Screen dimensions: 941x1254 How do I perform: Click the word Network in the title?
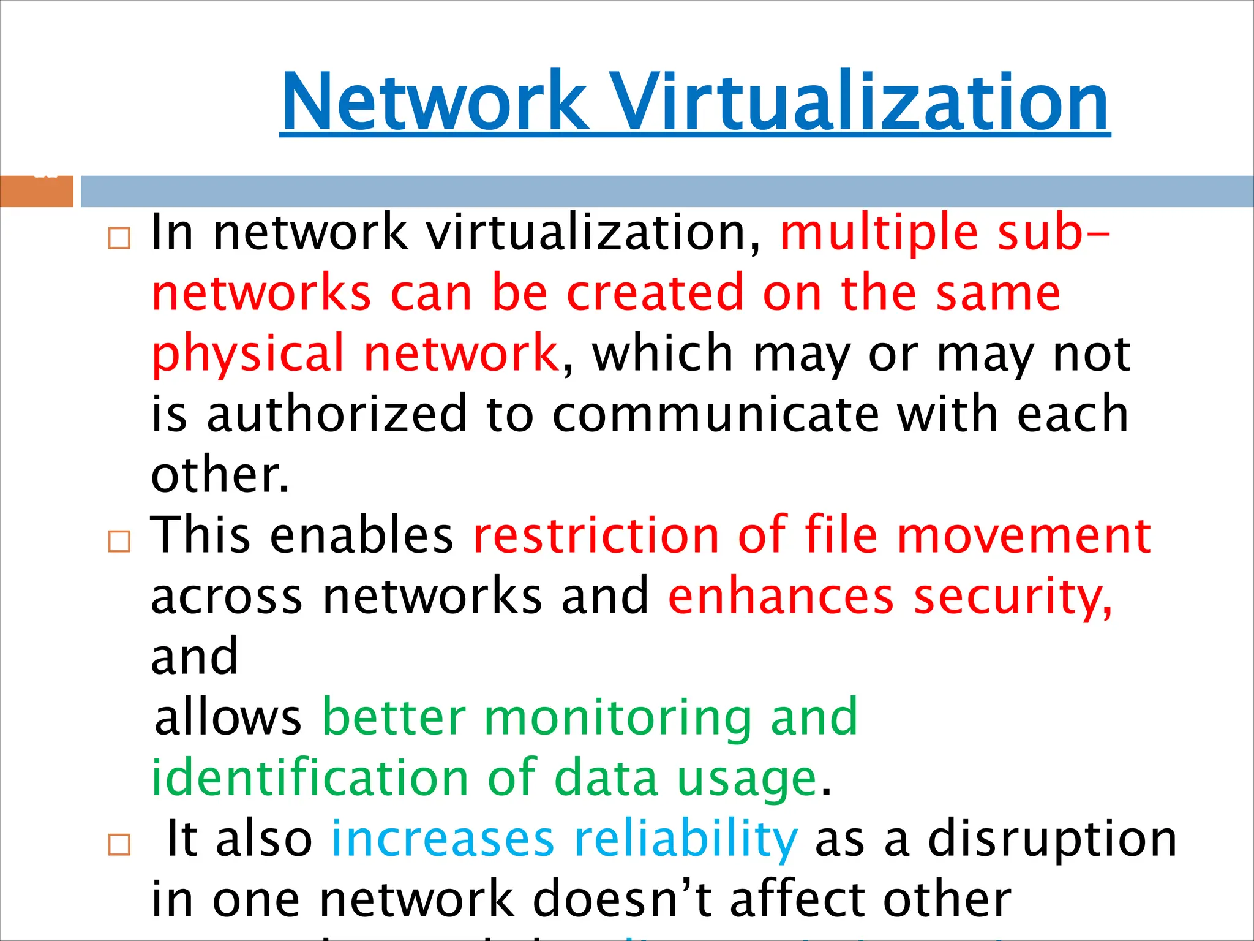point(435,101)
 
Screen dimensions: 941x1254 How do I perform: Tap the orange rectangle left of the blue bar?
point(36,191)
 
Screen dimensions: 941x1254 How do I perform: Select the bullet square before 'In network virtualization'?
point(119,238)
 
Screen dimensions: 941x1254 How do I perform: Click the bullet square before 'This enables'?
point(119,541)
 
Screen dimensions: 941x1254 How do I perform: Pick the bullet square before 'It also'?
point(119,844)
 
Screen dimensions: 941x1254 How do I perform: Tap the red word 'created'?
point(655,294)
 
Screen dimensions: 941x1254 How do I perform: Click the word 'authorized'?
point(337,415)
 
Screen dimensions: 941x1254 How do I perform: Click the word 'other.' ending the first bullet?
point(220,475)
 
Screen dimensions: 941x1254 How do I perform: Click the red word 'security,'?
point(1013,597)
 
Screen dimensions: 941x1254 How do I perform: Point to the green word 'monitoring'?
point(617,717)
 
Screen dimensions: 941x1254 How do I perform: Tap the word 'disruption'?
point(1052,839)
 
